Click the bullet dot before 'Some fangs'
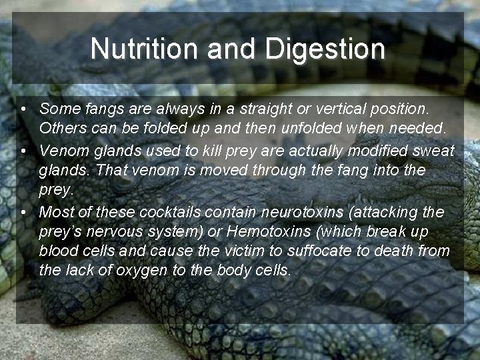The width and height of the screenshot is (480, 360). (23, 108)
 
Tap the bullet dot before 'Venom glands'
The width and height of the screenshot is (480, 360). (23, 151)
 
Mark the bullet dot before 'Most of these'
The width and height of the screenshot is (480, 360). (23, 213)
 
